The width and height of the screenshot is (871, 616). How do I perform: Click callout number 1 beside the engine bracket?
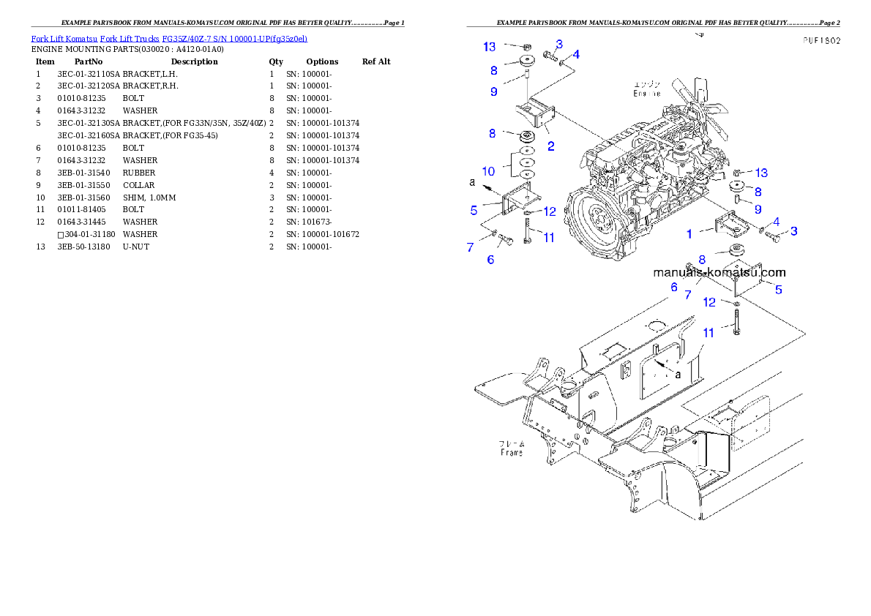(689, 234)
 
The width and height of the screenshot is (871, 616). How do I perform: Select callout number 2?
(550, 146)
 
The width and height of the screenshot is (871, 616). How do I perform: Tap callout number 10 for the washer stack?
(488, 171)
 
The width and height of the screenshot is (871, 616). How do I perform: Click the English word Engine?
(647, 94)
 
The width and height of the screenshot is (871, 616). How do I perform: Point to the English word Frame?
(512, 453)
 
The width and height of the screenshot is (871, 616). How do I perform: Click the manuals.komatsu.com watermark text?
(719, 272)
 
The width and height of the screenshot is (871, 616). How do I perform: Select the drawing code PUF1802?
(820, 41)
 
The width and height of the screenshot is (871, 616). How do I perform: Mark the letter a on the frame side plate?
(678, 373)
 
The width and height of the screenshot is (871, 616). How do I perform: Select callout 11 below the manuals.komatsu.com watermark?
(709, 333)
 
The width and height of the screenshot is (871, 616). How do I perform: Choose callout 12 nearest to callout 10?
(549, 212)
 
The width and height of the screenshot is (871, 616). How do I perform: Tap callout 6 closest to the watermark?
(673, 288)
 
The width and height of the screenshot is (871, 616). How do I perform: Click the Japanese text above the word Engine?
(647, 84)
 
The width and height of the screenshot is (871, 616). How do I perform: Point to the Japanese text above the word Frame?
(512, 443)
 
